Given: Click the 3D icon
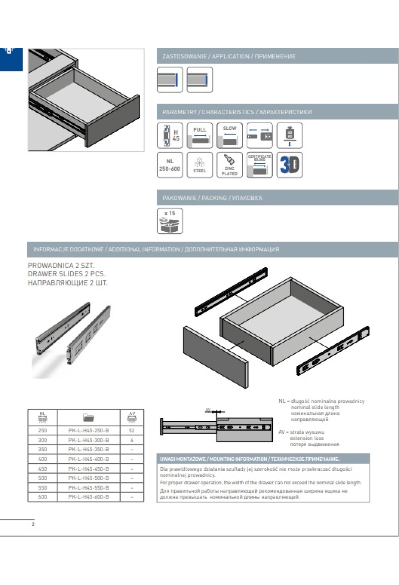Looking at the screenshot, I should point(290,165).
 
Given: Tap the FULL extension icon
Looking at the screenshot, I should point(199,135).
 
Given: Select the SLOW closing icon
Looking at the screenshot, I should point(229,135).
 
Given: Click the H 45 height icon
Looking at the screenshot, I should point(170,135).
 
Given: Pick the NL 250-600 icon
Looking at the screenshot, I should point(170,165).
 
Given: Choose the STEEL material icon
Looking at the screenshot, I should point(199,165).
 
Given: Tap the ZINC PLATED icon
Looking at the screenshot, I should point(229,165).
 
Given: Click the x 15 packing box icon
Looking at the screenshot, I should point(170,221).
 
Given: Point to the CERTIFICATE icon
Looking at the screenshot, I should point(260,165).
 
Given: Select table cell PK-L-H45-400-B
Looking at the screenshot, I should point(88,459).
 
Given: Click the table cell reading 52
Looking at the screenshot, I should point(132,430).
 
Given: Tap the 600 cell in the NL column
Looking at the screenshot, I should point(43,497).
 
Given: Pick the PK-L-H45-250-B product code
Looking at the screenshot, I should point(88,430).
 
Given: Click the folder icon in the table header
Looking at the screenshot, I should point(88,417).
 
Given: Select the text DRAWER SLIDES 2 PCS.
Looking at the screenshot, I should point(66,274).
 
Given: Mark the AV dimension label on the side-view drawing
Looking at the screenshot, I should point(208,410).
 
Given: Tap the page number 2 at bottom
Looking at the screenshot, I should point(33,524).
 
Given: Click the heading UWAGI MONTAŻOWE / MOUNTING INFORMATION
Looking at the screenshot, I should point(249,459).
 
